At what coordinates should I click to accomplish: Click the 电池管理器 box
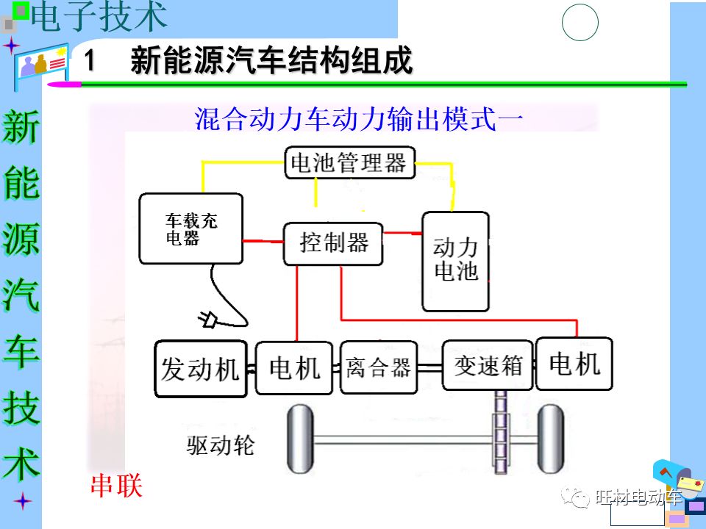pyautogui.click(x=349, y=162)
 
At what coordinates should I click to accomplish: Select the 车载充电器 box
pyautogui.click(x=191, y=228)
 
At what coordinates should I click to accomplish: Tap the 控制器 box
pyautogui.click(x=333, y=243)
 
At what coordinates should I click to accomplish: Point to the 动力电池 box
pyautogui.click(x=455, y=261)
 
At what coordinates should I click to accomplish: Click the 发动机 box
pyautogui.click(x=201, y=369)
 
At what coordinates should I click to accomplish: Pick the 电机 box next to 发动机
pyautogui.click(x=295, y=367)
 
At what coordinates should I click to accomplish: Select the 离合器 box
pyautogui.click(x=379, y=367)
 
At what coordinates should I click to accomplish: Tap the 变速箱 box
pyautogui.click(x=488, y=365)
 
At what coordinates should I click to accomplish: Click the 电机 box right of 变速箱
pyautogui.click(x=574, y=364)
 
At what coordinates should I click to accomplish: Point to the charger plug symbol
pyautogui.click(x=208, y=319)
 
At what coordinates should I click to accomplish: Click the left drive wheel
pyautogui.click(x=299, y=441)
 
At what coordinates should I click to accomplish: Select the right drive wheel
pyautogui.click(x=550, y=441)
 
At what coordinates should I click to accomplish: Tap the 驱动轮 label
pyautogui.click(x=221, y=445)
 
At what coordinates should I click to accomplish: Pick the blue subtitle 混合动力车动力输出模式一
pyautogui.click(x=359, y=119)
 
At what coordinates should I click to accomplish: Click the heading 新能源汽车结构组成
pyautogui.click(x=271, y=61)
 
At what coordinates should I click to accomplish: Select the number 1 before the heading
pyautogui.click(x=90, y=61)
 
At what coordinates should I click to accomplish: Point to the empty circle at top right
pyautogui.click(x=580, y=22)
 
